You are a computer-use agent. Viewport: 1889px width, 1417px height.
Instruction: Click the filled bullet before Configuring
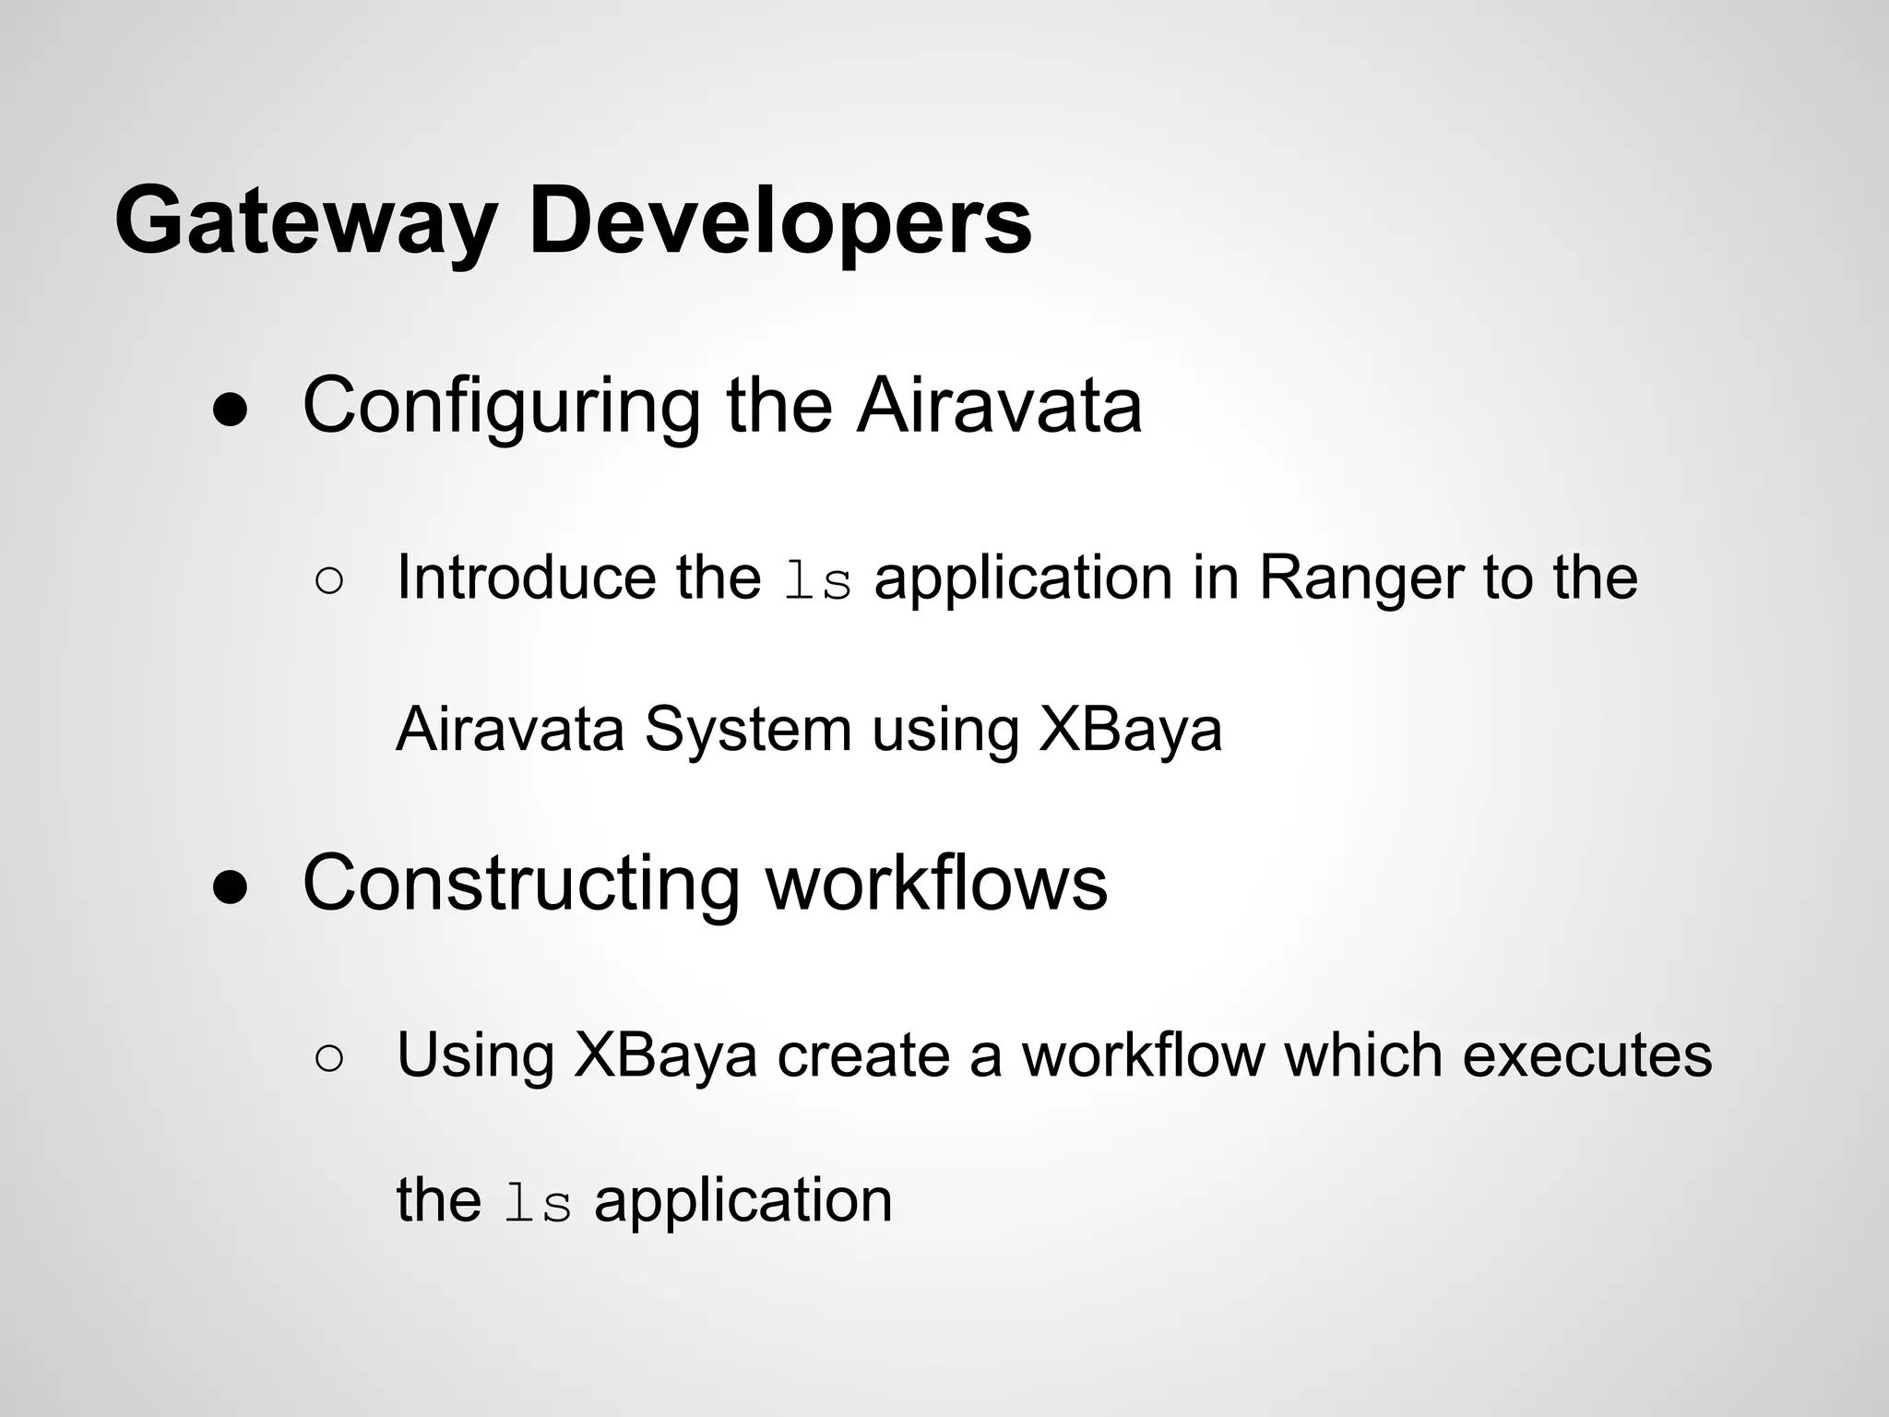231,411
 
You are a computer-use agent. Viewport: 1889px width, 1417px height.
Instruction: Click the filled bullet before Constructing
231,888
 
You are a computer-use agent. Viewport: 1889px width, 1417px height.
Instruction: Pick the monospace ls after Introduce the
817,584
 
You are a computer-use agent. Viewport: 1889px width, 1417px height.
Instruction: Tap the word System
747,730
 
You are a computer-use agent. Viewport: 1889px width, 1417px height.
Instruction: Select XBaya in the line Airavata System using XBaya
1130,730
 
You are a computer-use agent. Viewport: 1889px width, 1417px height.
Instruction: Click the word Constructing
521,884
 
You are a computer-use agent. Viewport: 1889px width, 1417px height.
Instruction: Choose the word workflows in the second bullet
936,884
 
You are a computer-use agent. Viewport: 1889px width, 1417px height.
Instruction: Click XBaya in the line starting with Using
665,1055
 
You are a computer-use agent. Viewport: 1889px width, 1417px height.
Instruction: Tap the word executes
1586,1055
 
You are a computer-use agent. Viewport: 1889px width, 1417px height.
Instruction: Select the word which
1363,1055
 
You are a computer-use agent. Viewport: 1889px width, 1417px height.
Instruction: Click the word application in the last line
743,1201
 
